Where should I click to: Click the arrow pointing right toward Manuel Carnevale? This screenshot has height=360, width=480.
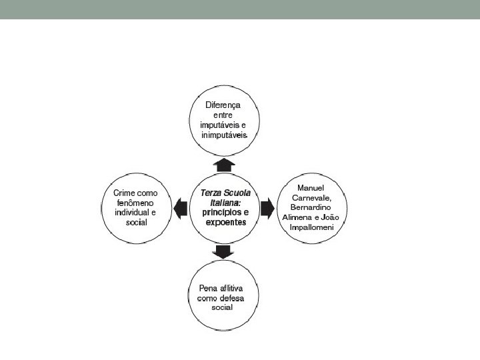tap(267, 209)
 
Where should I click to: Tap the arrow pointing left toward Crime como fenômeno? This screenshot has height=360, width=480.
tap(179, 209)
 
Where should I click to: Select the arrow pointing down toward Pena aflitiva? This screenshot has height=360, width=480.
tap(223, 252)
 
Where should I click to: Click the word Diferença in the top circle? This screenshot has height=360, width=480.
tap(223, 105)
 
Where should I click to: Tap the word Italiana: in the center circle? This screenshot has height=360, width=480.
tap(221, 201)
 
